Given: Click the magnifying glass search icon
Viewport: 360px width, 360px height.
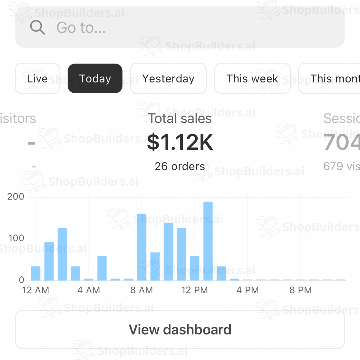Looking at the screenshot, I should [x=37, y=27].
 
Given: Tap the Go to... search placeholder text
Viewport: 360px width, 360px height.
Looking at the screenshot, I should [x=81, y=28].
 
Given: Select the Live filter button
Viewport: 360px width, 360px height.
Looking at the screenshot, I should [x=37, y=79].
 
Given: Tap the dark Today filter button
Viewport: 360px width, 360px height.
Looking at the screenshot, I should [x=95, y=79].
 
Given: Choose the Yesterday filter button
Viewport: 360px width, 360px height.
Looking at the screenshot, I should [x=168, y=79].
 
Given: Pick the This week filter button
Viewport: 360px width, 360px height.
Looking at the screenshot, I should [x=252, y=79].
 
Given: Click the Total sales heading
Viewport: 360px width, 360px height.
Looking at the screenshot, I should [x=180, y=118].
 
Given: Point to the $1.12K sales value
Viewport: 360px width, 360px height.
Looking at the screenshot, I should [x=180, y=142].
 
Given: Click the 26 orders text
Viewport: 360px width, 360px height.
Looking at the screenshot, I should [x=180, y=166].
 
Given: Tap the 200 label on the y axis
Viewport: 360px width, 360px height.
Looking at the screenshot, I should [x=16, y=197].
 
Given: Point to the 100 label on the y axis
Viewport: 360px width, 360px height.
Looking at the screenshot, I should [x=16, y=238].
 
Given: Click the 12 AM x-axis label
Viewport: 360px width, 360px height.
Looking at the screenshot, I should [x=36, y=290].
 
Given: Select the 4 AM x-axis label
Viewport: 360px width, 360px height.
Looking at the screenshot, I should [x=89, y=290].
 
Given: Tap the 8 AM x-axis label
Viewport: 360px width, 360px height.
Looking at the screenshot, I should [x=142, y=290].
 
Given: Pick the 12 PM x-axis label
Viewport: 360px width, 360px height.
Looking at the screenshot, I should [x=195, y=290].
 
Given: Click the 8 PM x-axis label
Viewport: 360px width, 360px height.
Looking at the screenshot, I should [x=300, y=290].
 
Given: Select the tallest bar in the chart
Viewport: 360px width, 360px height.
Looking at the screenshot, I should [x=208, y=241].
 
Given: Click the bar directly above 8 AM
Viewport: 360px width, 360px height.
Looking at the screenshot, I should [x=142, y=247].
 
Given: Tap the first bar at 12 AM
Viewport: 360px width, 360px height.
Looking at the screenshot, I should [x=36, y=273].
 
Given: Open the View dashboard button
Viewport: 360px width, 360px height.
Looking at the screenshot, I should [x=180, y=330].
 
